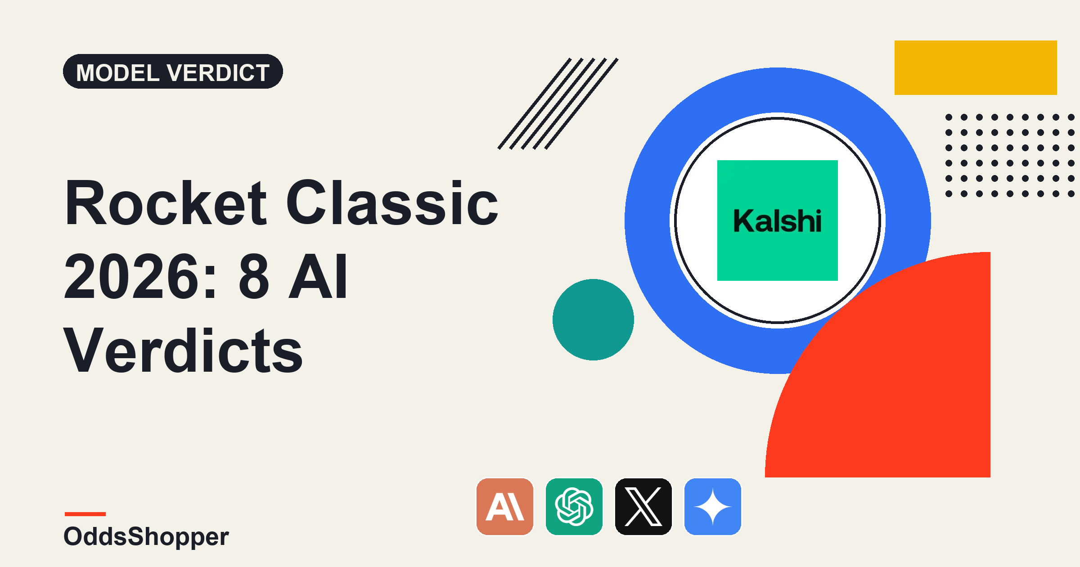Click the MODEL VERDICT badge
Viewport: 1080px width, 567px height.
173,72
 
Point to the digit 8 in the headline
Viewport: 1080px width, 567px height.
254,276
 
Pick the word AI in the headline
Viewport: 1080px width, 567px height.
318,276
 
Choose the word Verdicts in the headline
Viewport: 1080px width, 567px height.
184,350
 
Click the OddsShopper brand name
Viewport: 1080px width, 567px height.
146,536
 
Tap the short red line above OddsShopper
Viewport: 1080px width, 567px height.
85,514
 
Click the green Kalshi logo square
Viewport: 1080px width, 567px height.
777,220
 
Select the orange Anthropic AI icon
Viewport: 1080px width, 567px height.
505,507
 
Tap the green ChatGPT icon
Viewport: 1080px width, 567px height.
574,507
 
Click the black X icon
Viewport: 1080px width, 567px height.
643,507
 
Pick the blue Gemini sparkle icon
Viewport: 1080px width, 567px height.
713,507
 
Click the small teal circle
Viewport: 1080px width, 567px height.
593,319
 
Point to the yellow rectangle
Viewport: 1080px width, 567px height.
976,67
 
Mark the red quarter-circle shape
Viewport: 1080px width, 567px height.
900,387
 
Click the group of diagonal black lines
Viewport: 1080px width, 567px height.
558,103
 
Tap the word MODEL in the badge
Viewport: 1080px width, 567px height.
118,72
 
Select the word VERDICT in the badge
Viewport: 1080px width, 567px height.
218,72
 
